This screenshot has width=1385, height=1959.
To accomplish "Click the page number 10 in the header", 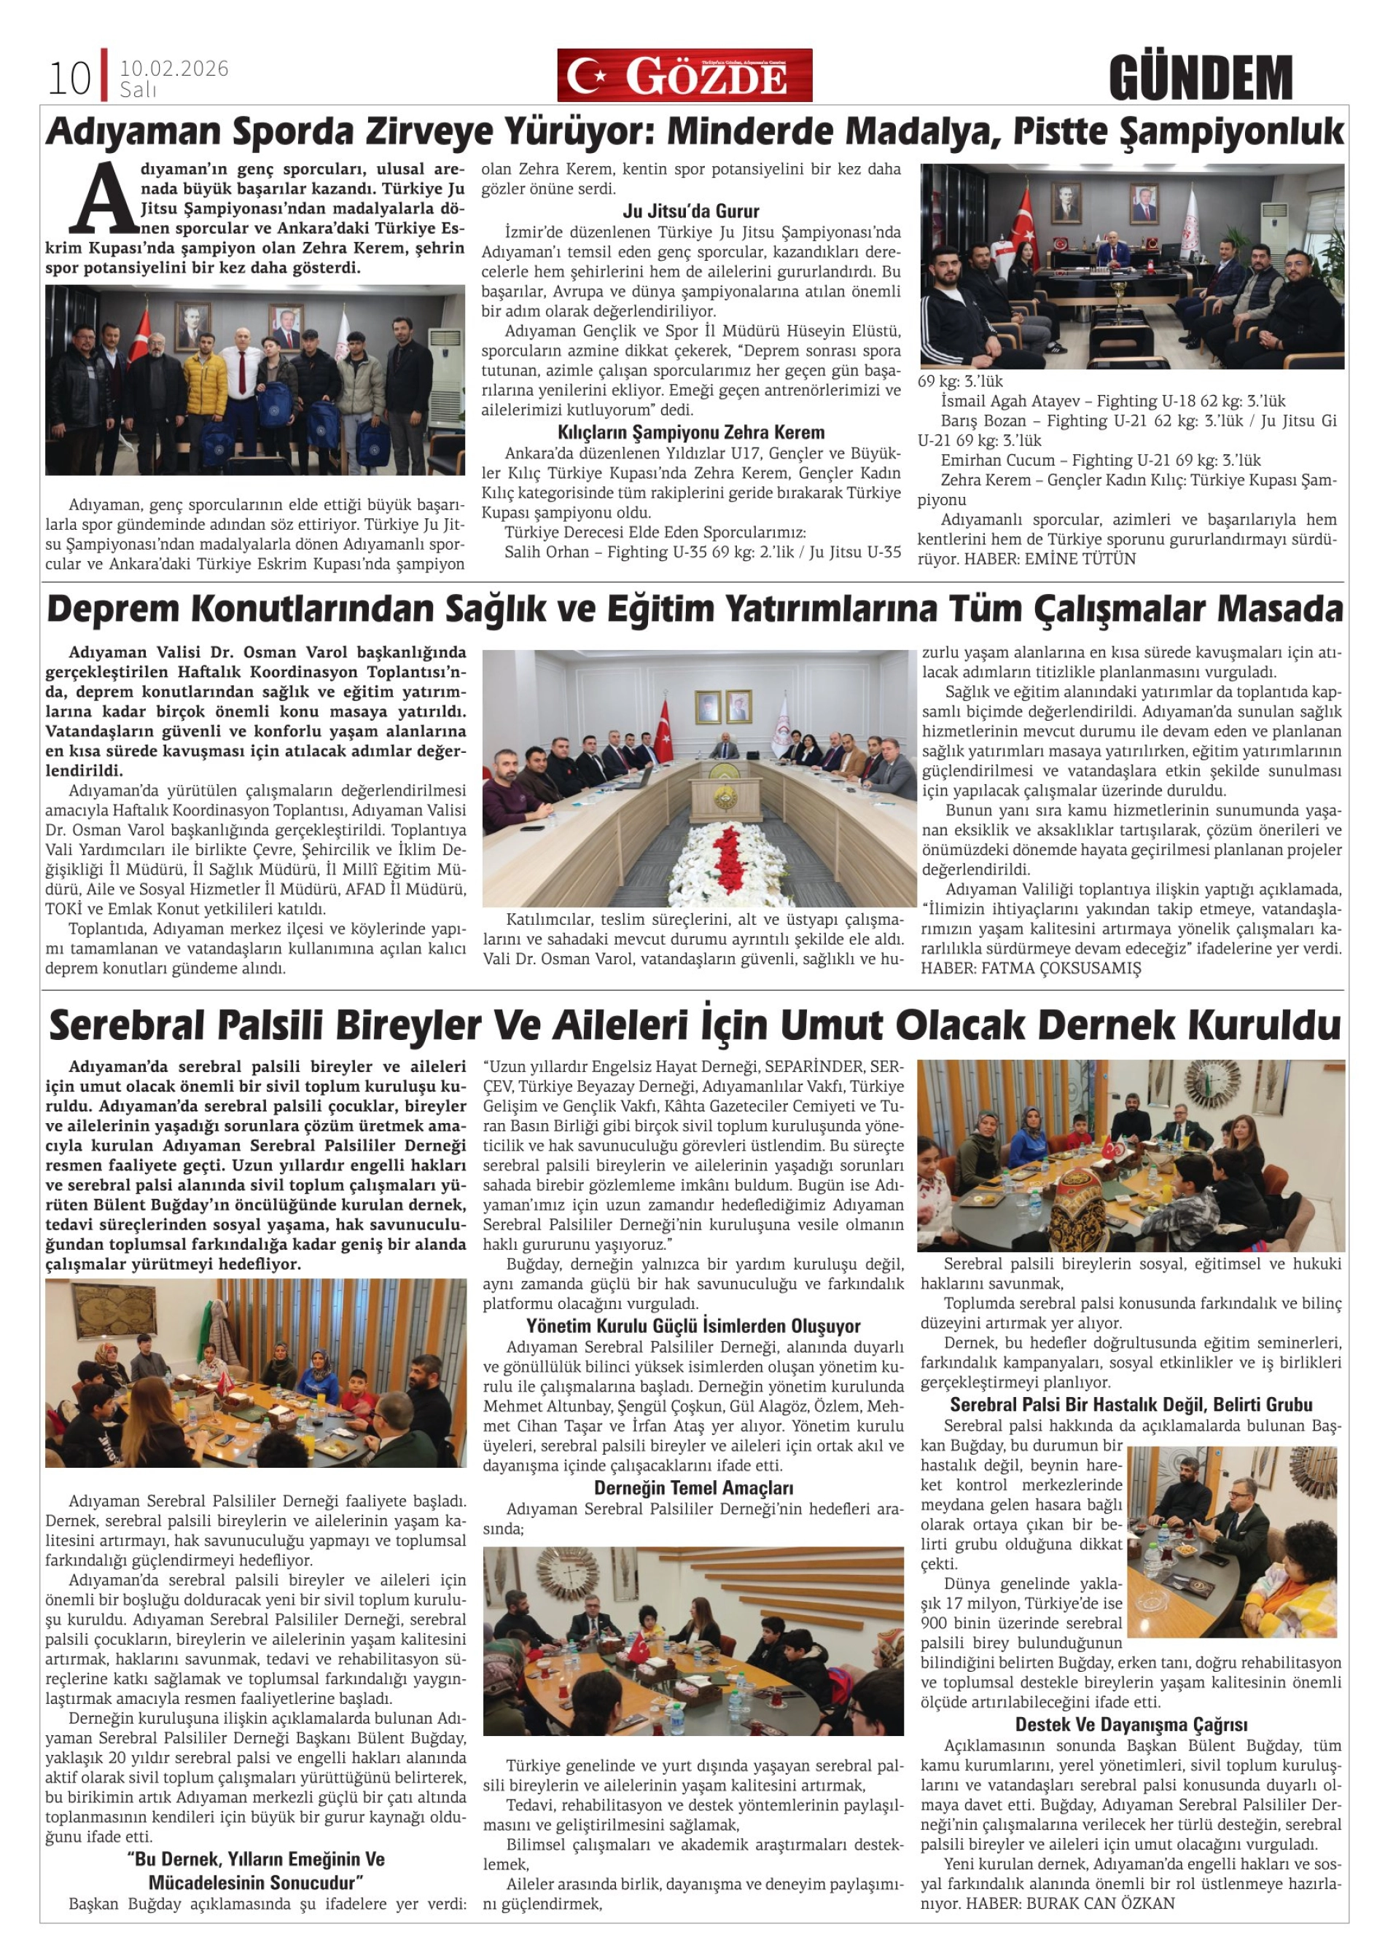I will tap(69, 79).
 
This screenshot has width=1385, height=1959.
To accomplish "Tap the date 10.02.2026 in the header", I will tap(174, 69).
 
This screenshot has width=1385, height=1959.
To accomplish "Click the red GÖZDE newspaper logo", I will tap(684, 76).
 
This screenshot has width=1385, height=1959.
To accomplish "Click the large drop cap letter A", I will tap(104, 199).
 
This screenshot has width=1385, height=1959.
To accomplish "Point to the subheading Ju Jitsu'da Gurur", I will tap(690, 211).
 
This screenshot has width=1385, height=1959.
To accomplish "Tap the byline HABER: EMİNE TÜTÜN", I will tap(1050, 559).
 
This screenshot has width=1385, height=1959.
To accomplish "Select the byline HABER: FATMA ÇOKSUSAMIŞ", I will tap(1030, 968).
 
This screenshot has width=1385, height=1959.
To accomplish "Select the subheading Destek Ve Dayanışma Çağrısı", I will tap(1131, 1724).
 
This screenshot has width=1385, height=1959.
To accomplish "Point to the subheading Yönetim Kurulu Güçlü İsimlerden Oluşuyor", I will tap(693, 1325).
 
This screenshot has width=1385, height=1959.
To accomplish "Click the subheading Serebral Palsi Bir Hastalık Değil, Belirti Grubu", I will tap(1131, 1404).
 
